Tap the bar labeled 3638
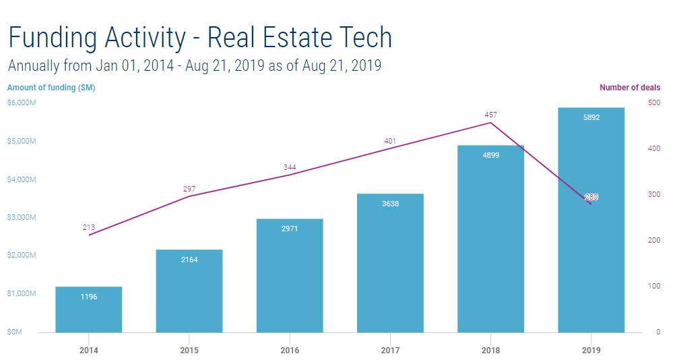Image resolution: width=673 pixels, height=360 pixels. coord(390,263)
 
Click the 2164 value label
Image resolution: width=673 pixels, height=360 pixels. coord(189,260)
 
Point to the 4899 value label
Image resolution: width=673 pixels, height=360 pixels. coord(490,155)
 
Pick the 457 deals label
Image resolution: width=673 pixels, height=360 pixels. coord(490,115)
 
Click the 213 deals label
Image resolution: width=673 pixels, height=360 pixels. coord(89,227)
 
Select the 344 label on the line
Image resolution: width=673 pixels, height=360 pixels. coord(290,167)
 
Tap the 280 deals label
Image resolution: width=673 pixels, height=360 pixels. coord(591,197)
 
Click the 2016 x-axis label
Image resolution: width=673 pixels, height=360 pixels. coord(290,351)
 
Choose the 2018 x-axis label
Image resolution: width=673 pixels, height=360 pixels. coord(490,351)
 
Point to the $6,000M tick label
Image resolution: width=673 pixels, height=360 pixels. coord(22,102)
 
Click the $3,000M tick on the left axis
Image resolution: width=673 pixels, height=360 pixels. coord(22,217)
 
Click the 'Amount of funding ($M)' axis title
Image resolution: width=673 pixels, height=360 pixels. coord(51,88)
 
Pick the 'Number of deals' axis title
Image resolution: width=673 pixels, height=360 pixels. coord(630,88)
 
